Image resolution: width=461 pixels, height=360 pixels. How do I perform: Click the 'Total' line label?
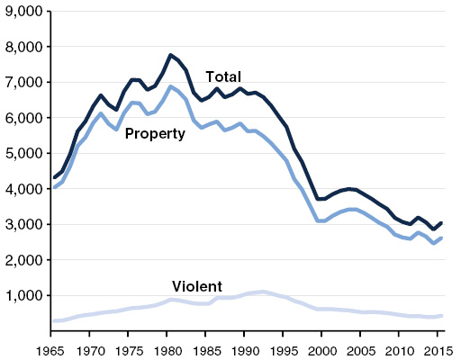click(x=223, y=76)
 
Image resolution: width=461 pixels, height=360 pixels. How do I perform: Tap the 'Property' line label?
click(x=155, y=134)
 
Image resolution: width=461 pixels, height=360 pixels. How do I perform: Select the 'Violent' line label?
click(x=197, y=287)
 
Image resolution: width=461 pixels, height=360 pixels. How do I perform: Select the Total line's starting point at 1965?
click(x=53, y=177)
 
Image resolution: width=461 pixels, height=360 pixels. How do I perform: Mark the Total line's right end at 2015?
click(x=442, y=222)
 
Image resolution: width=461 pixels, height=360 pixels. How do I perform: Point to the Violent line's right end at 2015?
click(x=442, y=315)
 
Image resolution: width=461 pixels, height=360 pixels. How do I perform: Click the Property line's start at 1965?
click(x=53, y=187)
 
